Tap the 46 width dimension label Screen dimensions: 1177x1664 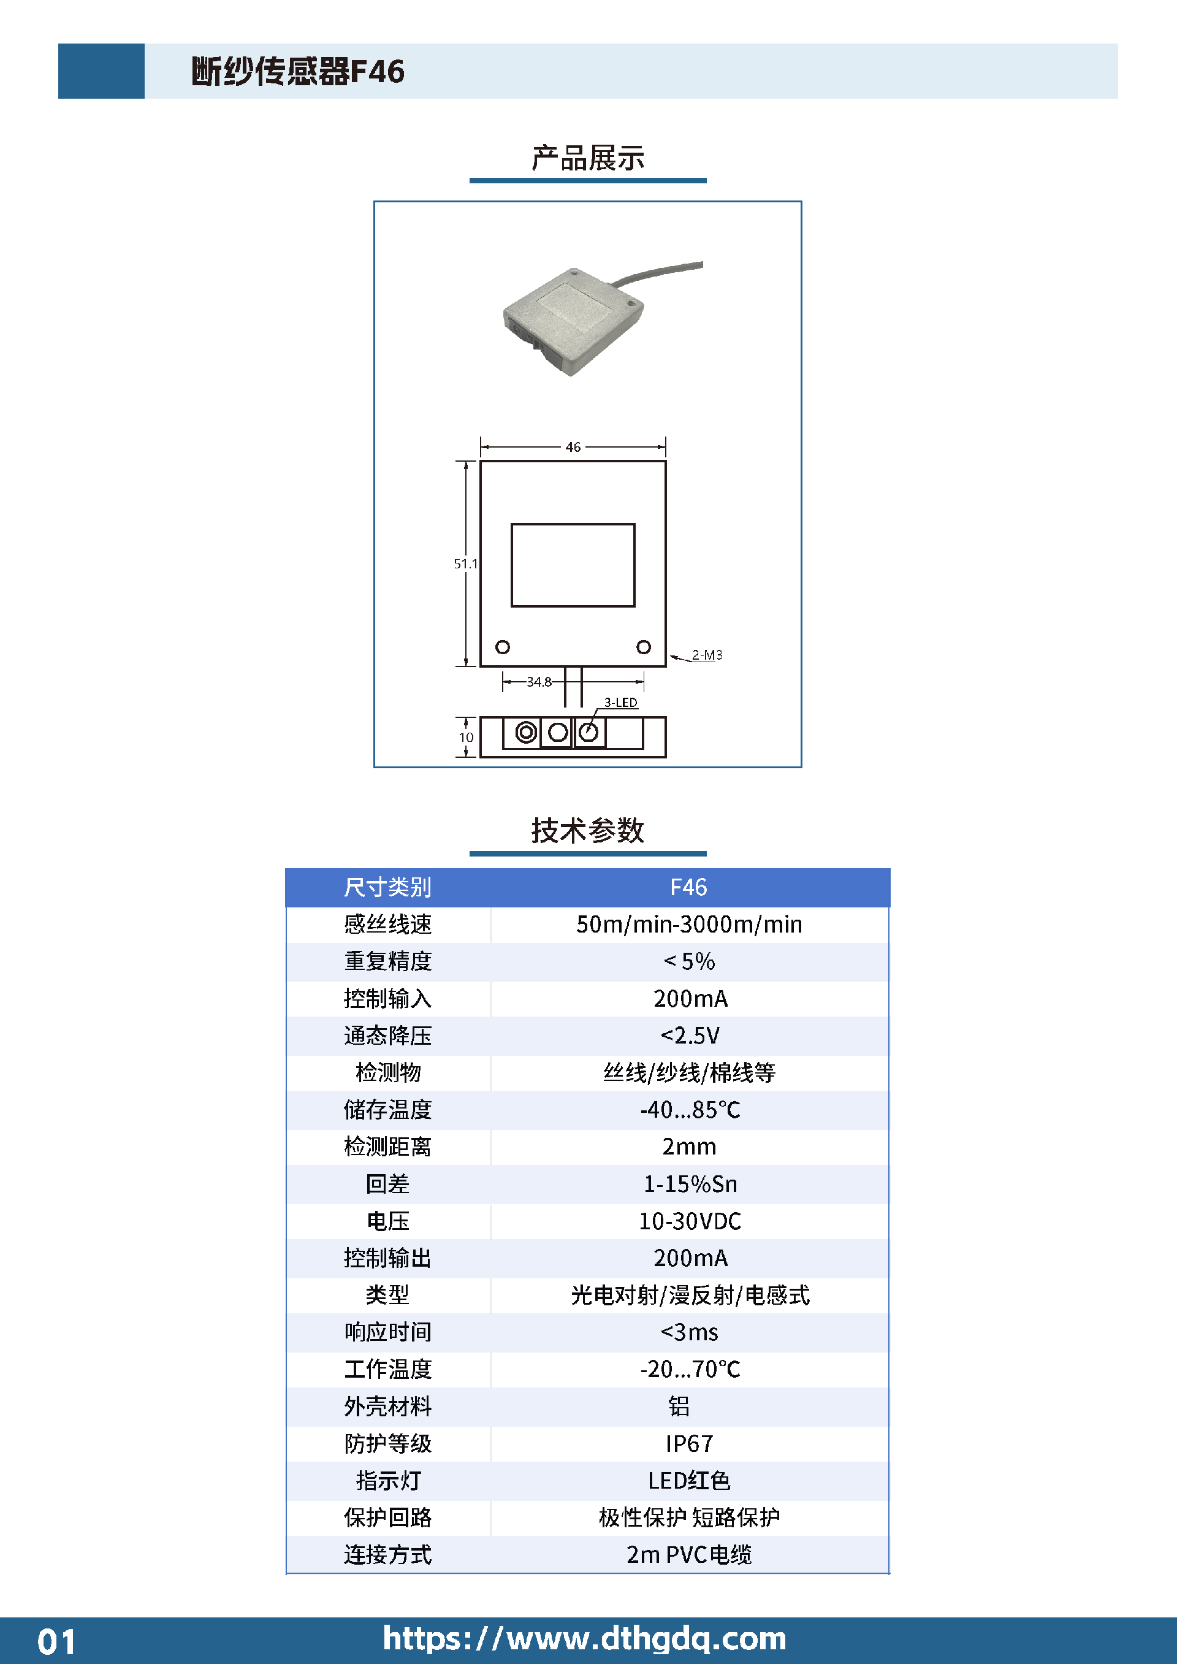[x=573, y=447]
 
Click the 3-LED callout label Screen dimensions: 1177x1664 [x=620, y=702]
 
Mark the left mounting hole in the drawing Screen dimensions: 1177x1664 [x=502, y=646]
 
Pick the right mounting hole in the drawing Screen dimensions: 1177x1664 [x=643, y=646]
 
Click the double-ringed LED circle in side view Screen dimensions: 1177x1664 [x=527, y=732]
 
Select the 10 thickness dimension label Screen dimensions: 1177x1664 [x=465, y=737]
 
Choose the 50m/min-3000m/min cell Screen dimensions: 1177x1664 [x=689, y=924]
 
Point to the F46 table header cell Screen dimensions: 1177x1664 [x=688, y=887]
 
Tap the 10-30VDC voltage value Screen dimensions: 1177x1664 [x=689, y=1221]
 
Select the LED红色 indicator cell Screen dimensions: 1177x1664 [x=689, y=1481]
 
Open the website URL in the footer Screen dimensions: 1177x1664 [x=584, y=1639]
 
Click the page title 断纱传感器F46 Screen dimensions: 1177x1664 [x=298, y=71]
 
